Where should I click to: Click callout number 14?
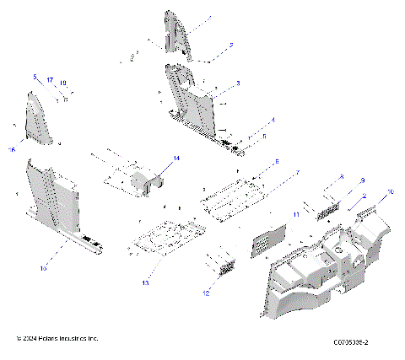coord(176,158)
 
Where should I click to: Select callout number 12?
coord(205,293)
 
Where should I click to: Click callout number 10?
coord(391,193)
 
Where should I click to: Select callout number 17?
coord(50,80)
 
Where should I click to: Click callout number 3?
coord(239,83)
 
